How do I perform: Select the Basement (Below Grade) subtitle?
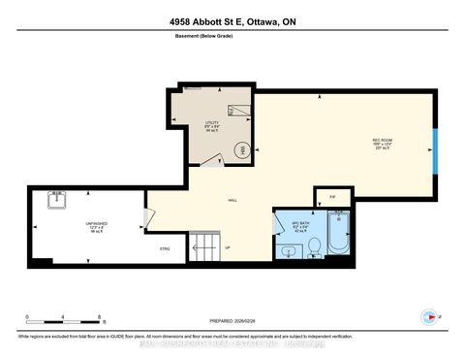(232, 41)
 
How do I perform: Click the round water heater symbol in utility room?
(242, 149)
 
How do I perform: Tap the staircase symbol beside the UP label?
(205, 246)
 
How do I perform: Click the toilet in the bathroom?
(314, 251)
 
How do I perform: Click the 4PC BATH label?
(300, 222)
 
